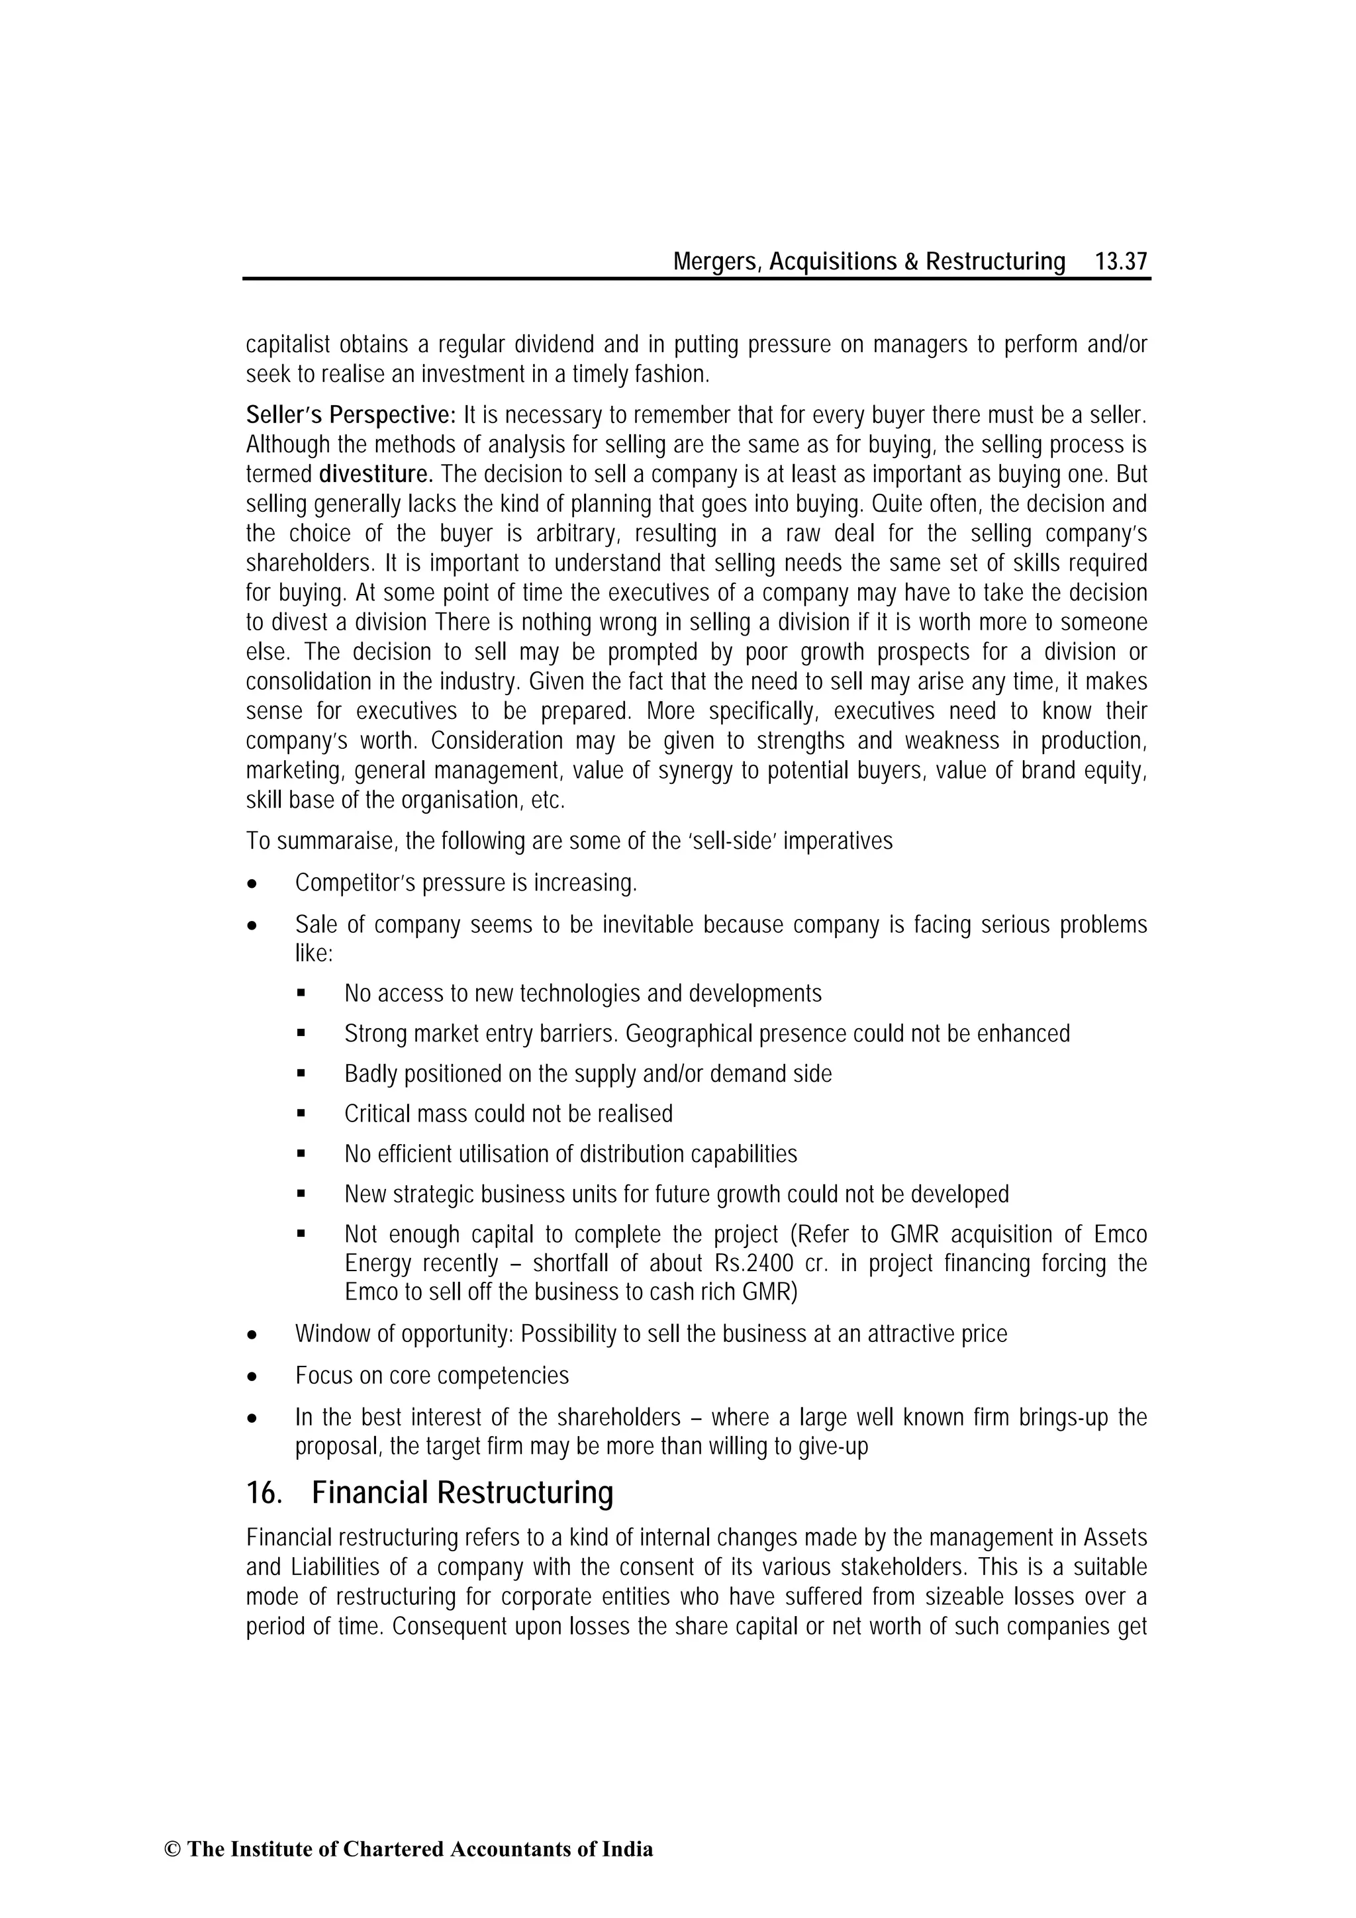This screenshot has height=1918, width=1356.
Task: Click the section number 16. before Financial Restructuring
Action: click(264, 1493)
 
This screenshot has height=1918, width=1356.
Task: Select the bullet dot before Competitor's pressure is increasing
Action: click(252, 884)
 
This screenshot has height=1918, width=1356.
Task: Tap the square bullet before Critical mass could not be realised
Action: click(302, 1114)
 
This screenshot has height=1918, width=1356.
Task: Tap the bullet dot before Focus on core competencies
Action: click(252, 1376)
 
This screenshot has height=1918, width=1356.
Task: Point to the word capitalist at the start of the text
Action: click(288, 344)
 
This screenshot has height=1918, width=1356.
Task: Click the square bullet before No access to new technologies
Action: click(302, 994)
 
